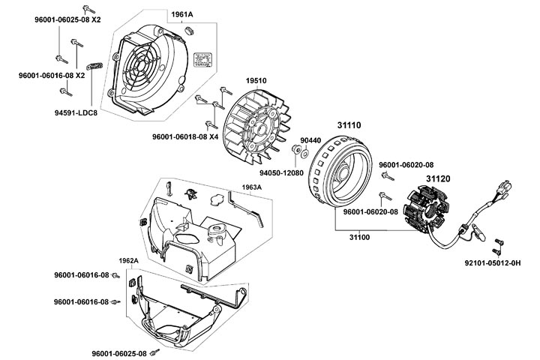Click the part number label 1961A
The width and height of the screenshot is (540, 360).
pyautogui.click(x=181, y=14)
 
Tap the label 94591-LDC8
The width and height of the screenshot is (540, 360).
pyautogui.click(x=76, y=112)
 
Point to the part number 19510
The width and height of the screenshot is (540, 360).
pyautogui.click(x=256, y=80)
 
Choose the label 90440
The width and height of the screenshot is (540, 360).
pyautogui.click(x=310, y=139)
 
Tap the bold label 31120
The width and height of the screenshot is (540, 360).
pyautogui.click(x=439, y=178)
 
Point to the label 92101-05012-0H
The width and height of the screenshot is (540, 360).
pyautogui.click(x=493, y=263)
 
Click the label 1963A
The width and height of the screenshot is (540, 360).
pyautogui.click(x=252, y=187)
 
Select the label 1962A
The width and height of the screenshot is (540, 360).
pyautogui.click(x=129, y=261)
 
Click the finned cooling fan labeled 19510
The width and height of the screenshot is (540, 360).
pyautogui.click(x=255, y=116)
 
